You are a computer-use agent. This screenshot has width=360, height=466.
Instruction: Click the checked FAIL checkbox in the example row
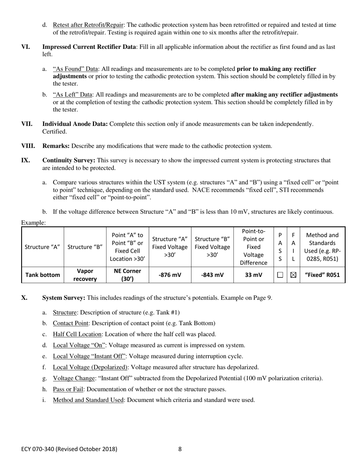[x=293, y=275]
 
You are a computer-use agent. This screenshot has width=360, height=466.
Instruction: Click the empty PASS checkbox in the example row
[x=280, y=275]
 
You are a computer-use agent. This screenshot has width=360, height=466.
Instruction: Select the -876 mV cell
[x=170, y=275]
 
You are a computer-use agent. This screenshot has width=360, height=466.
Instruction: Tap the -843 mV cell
[x=212, y=275]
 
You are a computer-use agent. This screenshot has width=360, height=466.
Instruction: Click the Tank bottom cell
[x=42, y=275]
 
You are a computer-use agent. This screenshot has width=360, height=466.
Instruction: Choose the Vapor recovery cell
[x=85, y=275]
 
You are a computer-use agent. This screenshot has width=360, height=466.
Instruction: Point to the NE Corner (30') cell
[x=127, y=275]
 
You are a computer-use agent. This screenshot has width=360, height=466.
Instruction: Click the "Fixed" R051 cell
[x=322, y=275]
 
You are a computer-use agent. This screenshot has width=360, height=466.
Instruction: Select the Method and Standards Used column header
[x=322, y=247]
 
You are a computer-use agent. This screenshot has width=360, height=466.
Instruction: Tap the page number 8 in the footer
[x=180, y=449]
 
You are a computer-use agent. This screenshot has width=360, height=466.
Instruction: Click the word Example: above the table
[x=33, y=223]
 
